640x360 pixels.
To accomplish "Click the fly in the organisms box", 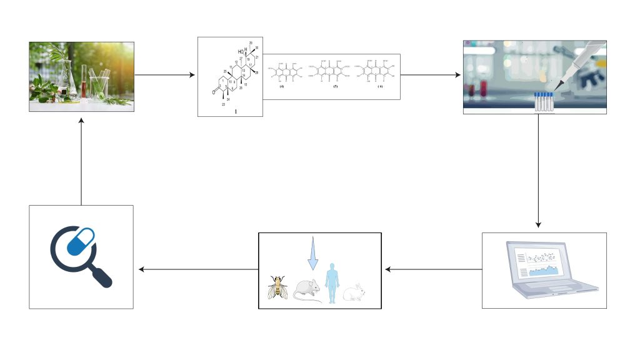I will coord(277,287).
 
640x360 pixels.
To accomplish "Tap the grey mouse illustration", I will coord(307,289).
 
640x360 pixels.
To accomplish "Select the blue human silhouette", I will coord(331,282).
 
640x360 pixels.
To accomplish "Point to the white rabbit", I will coord(355,291).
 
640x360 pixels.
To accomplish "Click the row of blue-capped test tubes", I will coord(544,101).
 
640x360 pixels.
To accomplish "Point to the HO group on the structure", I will coord(240,51).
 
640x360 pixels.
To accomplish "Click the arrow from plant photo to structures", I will coord(165,76).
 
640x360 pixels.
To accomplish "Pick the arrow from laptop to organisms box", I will coord(432,270).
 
